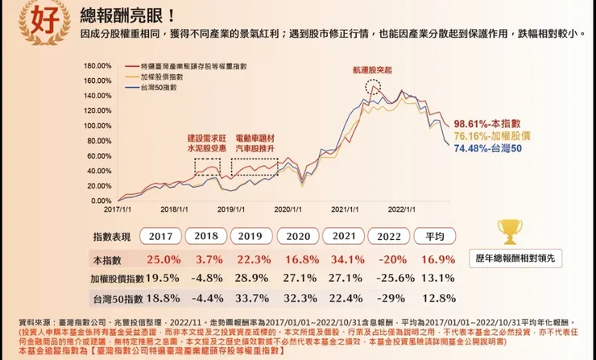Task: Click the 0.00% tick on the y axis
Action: pos(100,201)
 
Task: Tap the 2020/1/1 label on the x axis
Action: pos(288,208)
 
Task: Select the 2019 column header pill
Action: pos(251,237)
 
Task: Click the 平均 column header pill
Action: pos(435,237)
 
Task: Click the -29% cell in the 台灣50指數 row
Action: pos(389,299)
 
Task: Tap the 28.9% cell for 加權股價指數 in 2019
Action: pos(251,279)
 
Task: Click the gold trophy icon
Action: pos(509,233)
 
